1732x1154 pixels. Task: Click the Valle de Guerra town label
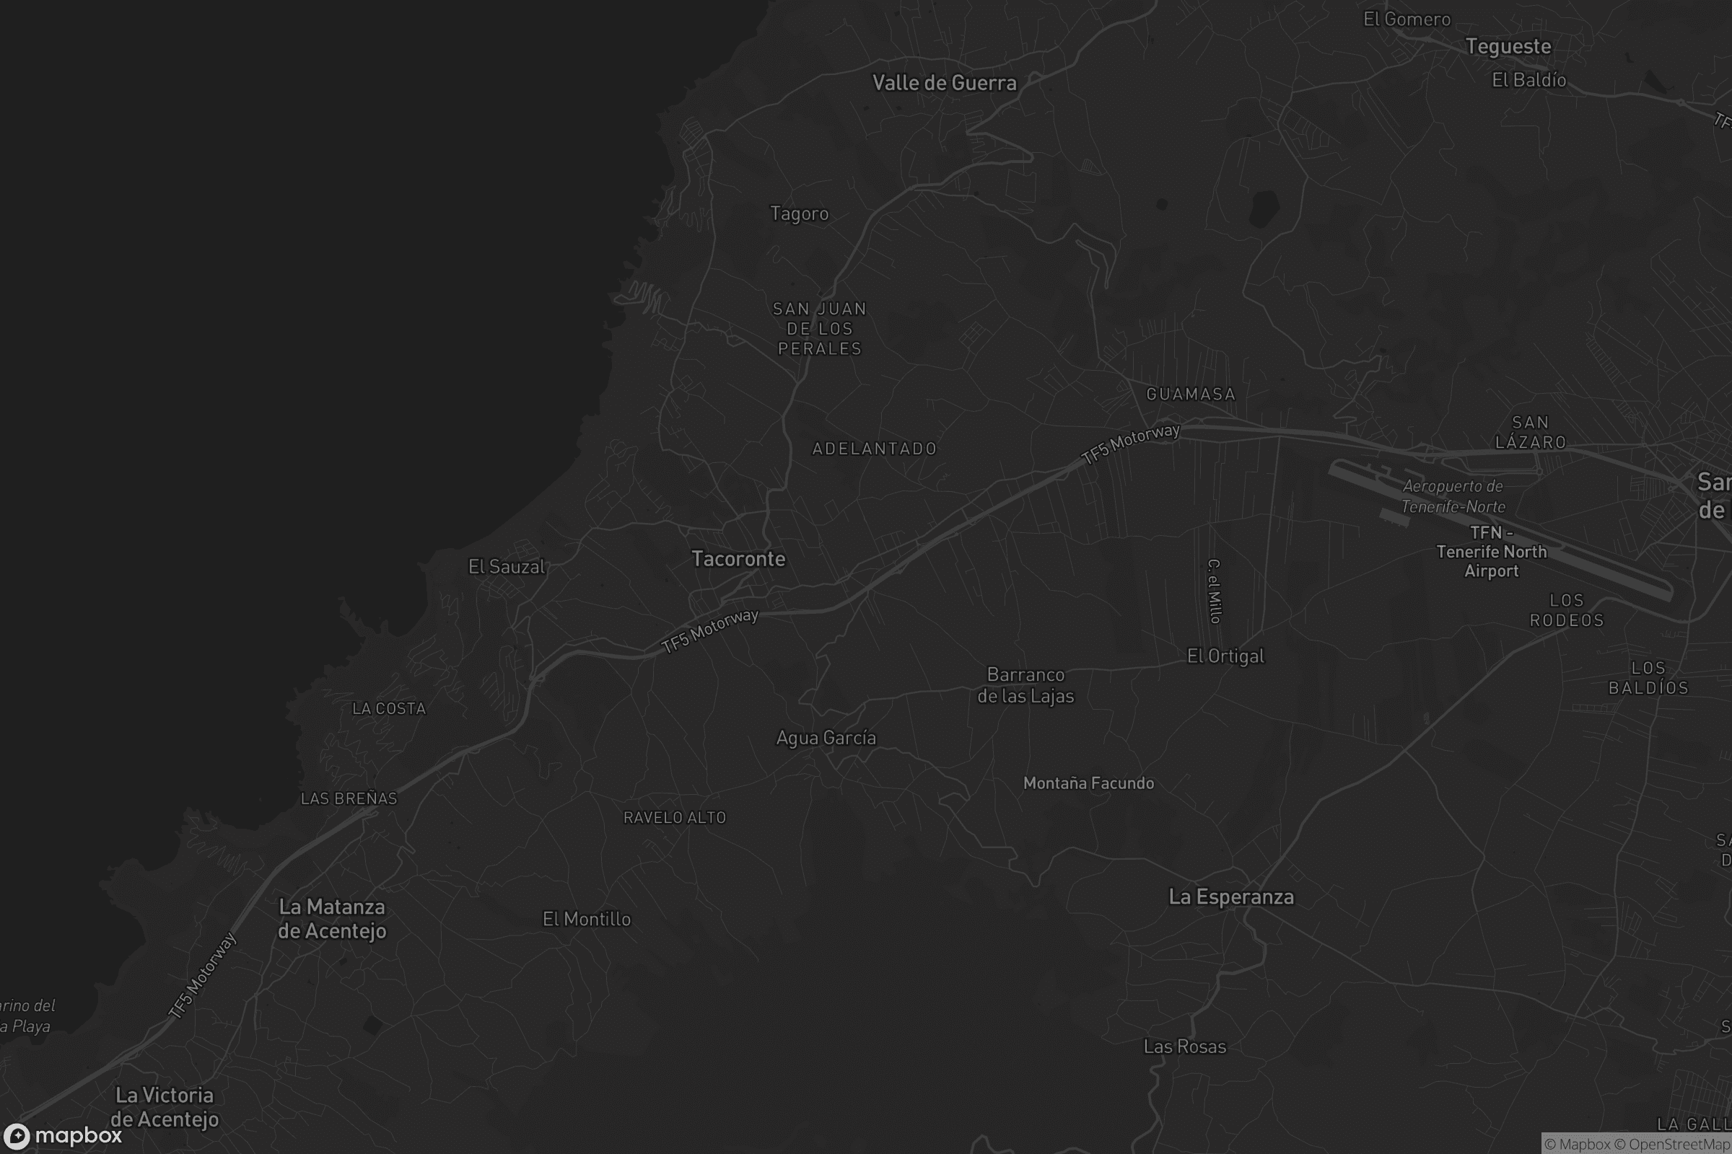pos(944,82)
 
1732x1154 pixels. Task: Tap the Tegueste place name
pos(1508,46)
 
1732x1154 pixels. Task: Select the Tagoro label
pos(799,213)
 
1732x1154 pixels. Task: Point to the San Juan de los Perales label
pos(820,328)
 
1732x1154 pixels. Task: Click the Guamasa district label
pos(1190,394)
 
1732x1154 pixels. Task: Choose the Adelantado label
pos(874,448)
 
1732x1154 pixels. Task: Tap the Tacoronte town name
pos(738,558)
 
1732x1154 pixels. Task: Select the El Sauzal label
pos(507,567)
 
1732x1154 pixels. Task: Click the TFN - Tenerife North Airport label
pos(1491,551)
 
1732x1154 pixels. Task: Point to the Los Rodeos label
pos(1566,610)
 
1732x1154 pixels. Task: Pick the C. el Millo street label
pos(1215,591)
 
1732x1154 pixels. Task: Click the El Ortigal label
pos(1225,656)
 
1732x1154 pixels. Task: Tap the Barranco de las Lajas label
pos(1025,685)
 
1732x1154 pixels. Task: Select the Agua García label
pos(826,737)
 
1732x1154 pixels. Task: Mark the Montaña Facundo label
pos(1088,783)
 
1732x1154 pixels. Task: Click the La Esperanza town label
pos(1230,897)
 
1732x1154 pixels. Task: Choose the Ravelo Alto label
pos(675,817)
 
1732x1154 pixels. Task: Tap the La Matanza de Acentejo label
pos(331,918)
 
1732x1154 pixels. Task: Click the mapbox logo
pos(63,1135)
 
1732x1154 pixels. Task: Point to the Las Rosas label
pos(1184,1046)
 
